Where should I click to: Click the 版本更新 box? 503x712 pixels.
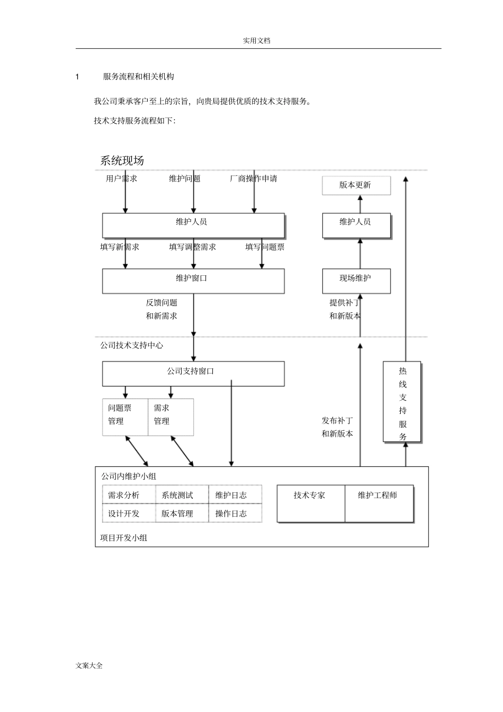(356, 185)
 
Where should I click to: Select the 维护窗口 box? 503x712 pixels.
(193, 281)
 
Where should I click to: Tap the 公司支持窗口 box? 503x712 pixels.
(193, 373)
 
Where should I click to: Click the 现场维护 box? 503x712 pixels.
(356, 281)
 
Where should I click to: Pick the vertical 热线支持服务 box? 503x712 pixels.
(402, 401)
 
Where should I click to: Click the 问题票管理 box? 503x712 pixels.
(124, 417)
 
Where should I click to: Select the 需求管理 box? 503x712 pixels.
(170, 417)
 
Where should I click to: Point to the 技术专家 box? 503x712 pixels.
(310, 503)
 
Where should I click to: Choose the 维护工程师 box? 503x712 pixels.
(378, 503)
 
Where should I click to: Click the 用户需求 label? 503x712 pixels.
(121, 179)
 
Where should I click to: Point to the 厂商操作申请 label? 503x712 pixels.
(253, 179)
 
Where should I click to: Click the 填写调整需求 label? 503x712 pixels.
(192, 247)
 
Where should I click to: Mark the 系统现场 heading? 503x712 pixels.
(122, 160)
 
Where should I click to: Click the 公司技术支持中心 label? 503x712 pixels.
(132, 345)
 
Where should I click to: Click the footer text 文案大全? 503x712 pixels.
(89, 665)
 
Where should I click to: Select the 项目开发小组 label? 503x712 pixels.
(124, 538)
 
